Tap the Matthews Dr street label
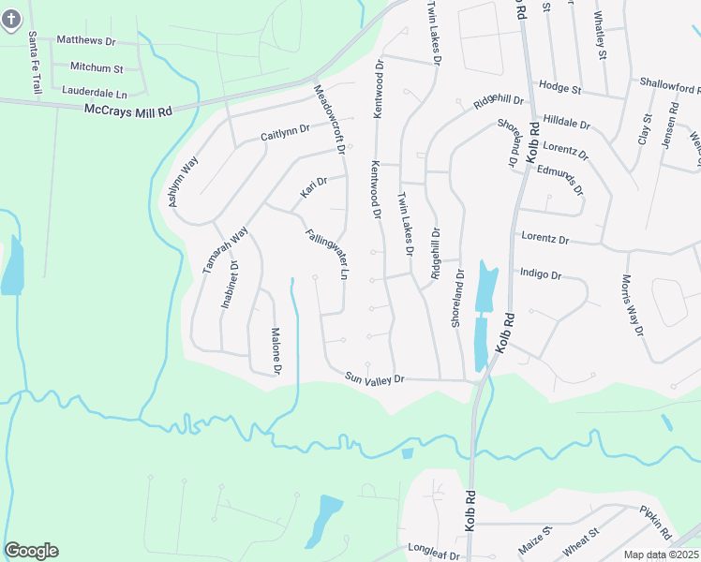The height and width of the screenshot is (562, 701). [85, 41]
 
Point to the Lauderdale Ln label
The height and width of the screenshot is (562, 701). [94, 93]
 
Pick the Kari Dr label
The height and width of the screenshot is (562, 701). [313, 187]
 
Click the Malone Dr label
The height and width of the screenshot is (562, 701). [276, 350]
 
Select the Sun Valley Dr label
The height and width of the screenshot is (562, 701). [374, 378]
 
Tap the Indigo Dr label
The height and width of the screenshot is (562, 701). [541, 275]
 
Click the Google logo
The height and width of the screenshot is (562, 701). [31, 551]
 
